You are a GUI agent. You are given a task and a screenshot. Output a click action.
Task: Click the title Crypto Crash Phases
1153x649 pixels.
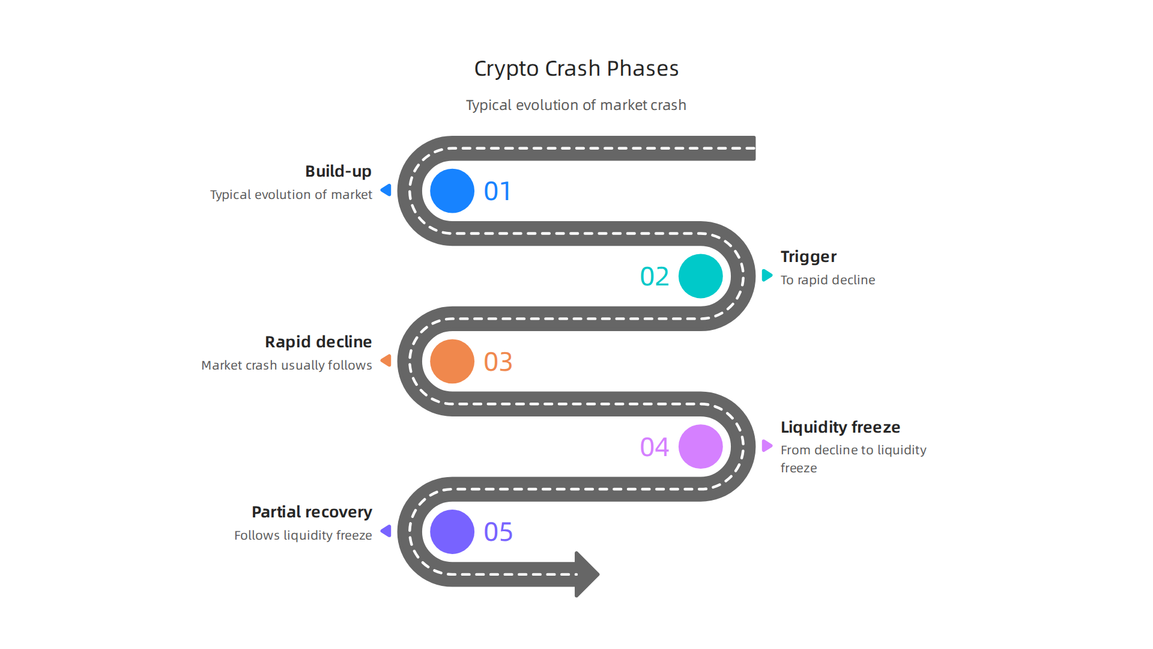tap(576, 69)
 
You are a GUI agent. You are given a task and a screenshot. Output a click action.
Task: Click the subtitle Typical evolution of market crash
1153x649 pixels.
tap(576, 105)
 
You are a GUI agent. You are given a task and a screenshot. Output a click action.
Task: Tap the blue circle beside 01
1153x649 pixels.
tap(452, 191)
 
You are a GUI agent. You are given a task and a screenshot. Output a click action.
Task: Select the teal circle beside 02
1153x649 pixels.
tap(700, 276)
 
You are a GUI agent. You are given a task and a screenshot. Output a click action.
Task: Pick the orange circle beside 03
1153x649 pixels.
tap(452, 362)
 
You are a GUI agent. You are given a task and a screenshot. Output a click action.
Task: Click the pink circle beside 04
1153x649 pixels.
tap(700, 446)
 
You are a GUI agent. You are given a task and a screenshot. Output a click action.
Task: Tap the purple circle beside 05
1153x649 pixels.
tap(452, 532)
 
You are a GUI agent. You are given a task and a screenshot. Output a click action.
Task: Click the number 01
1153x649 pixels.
tap(498, 192)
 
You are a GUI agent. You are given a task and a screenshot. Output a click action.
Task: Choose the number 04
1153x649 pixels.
tap(655, 447)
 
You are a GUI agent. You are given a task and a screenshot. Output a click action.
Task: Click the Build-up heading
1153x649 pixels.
tap(338, 171)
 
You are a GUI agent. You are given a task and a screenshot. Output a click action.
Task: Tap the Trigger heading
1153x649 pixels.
tap(808, 257)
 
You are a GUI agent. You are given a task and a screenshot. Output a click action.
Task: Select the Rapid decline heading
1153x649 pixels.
tap(318, 342)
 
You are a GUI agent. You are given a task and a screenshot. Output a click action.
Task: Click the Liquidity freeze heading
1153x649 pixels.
tap(840, 427)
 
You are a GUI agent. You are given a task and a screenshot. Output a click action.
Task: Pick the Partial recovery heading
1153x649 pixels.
tap(312, 512)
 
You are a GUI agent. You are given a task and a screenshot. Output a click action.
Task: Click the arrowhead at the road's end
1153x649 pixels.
tap(586, 574)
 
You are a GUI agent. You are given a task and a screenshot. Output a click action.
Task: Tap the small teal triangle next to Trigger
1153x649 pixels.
tap(767, 275)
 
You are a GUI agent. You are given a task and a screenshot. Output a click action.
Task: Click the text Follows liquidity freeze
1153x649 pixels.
tap(303, 535)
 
